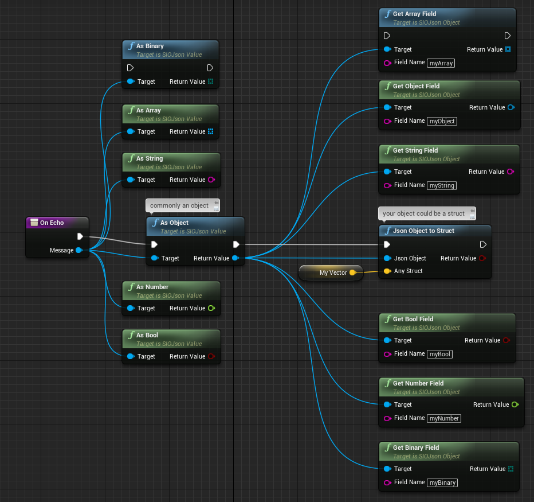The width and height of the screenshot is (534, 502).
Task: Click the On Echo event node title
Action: click(x=52, y=223)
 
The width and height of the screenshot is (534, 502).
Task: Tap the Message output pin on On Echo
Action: click(x=79, y=250)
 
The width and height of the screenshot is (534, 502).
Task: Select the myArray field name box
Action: click(x=441, y=63)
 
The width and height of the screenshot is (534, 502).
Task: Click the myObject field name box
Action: click(x=442, y=121)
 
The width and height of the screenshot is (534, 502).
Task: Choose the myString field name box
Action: click(x=442, y=185)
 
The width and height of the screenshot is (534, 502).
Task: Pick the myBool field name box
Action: click(x=439, y=354)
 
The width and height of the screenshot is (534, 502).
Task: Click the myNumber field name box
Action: click(x=444, y=418)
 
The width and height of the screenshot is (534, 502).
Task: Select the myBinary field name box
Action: click(x=442, y=482)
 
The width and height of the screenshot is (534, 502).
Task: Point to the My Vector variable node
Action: click(x=331, y=273)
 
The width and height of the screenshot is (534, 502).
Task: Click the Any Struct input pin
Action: click(x=387, y=271)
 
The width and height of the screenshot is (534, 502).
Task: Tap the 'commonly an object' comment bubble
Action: click(x=183, y=205)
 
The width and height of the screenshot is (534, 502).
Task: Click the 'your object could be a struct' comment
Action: click(x=427, y=213)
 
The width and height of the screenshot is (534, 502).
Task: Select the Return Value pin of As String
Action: click(x=211, y=180)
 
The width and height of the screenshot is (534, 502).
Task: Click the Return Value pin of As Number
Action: click(x=211, y=308)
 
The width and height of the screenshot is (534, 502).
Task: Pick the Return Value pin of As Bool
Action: click(x=211, y=356)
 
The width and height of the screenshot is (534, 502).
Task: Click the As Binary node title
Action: click(x=150, y=46)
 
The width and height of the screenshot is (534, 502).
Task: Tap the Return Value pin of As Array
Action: click(x=210, y=131)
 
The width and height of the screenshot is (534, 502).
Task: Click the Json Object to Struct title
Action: click(x=423, y=231)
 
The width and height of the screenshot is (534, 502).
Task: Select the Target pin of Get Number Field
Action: click(x=387, y=404)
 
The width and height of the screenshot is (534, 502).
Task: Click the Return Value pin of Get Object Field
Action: click(x=511, y=107)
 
